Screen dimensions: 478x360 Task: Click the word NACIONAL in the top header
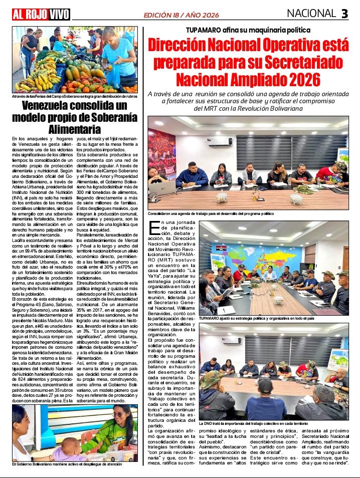[311, 13]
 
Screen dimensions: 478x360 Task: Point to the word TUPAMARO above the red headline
[203, 30]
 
